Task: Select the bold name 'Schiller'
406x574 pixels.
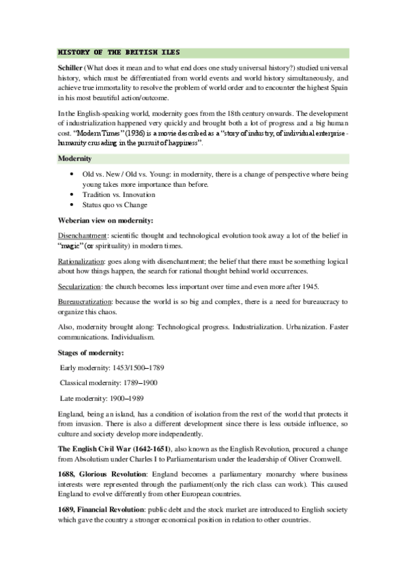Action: point(70,69)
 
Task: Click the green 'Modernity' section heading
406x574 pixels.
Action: point(77,159)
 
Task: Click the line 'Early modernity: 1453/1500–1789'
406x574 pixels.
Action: point(113,368)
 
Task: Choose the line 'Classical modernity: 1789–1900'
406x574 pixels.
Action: point(112,382)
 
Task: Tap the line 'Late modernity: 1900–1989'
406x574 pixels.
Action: point(102,398)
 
